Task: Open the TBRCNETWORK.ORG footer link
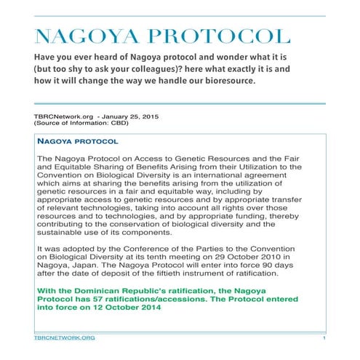[64, 339]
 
